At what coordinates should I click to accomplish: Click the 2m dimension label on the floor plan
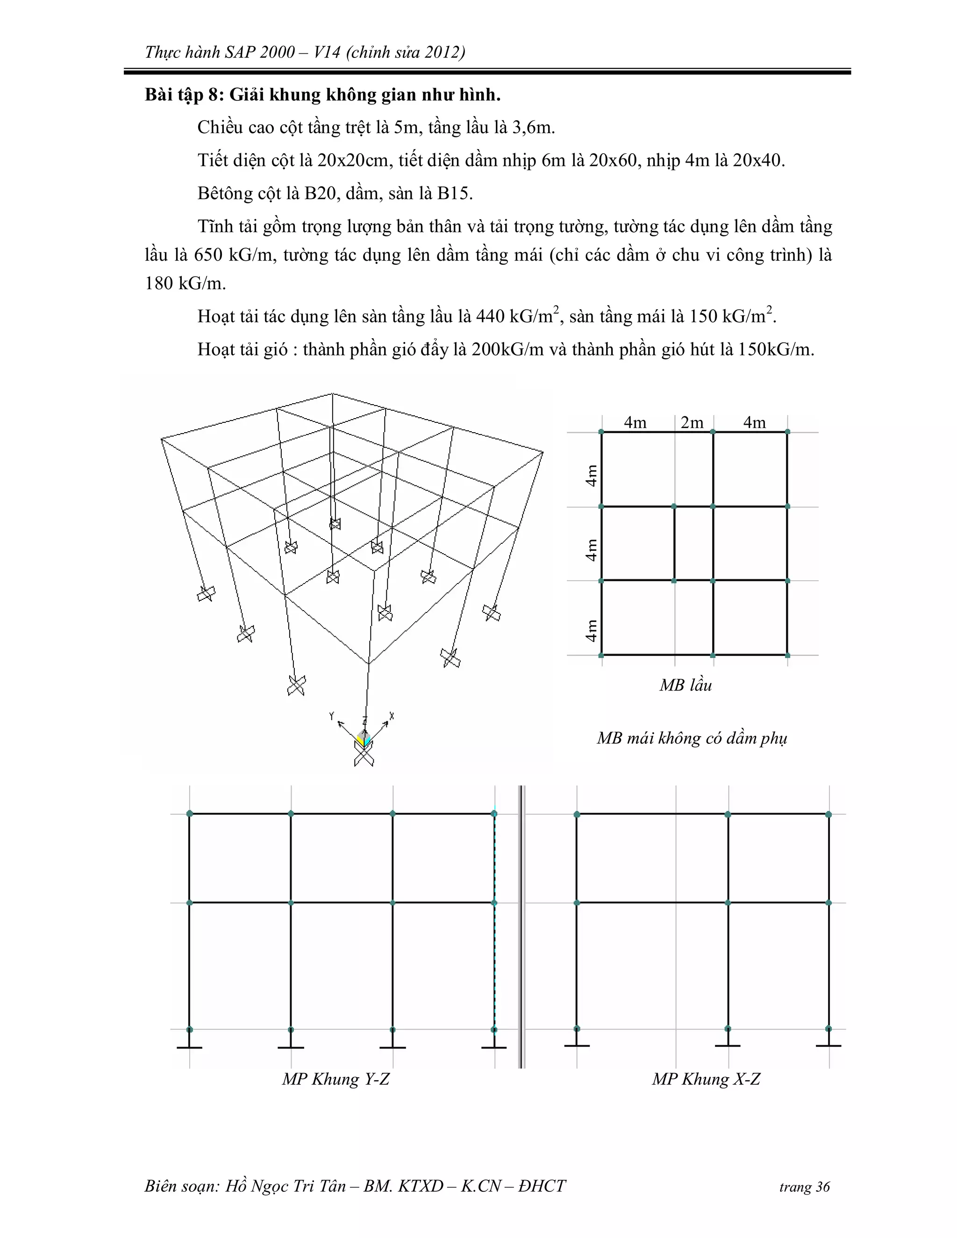(692, 422)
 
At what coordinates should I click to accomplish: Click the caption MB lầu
(686, 685)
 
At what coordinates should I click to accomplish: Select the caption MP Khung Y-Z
(336, 1079)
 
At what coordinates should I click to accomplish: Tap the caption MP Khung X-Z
(706, 1079)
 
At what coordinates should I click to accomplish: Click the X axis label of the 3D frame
(392, 716)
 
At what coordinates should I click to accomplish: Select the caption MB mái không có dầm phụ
(692, 738)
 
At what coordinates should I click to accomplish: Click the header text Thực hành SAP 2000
(220, 52)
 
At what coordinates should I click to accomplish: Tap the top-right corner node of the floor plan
(787, 432)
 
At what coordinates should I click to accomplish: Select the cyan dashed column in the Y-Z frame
(494, 918)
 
